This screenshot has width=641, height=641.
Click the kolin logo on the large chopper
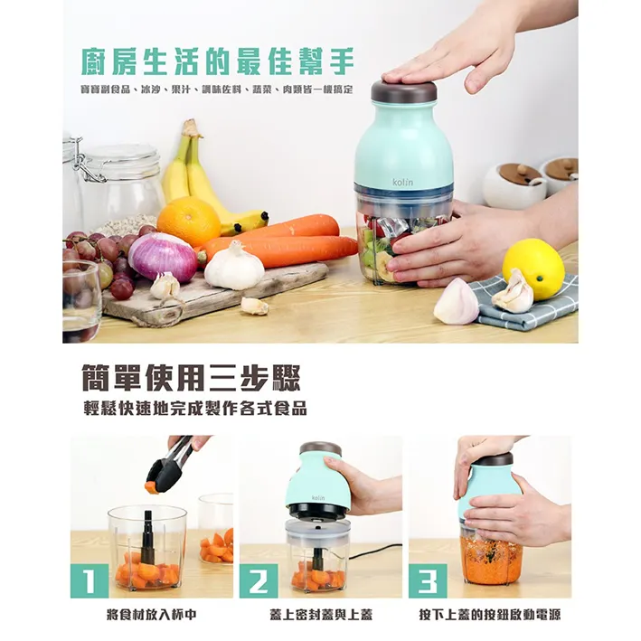(402, 182)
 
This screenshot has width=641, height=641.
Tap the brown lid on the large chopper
(404, 90)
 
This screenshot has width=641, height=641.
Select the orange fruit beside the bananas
(188, 222)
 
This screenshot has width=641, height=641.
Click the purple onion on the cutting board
(164, 258)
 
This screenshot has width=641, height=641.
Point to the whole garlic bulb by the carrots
(234, 266)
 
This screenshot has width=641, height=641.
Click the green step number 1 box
(90, 580)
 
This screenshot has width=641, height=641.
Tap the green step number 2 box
(259, 580)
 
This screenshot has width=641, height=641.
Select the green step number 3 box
(428, 580)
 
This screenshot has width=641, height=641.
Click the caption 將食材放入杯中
(152, 615)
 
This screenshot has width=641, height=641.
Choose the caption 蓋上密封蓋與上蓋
(321, 615)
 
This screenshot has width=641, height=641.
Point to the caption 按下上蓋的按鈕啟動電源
(490, 615)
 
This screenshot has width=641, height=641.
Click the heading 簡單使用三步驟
(192, 377)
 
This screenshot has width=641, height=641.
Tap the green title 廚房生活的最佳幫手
(218, 61)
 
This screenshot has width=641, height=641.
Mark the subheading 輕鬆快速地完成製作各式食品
(195, 409)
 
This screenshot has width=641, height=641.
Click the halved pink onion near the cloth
(456, 301)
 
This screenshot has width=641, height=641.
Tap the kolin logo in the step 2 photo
(318, 497)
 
